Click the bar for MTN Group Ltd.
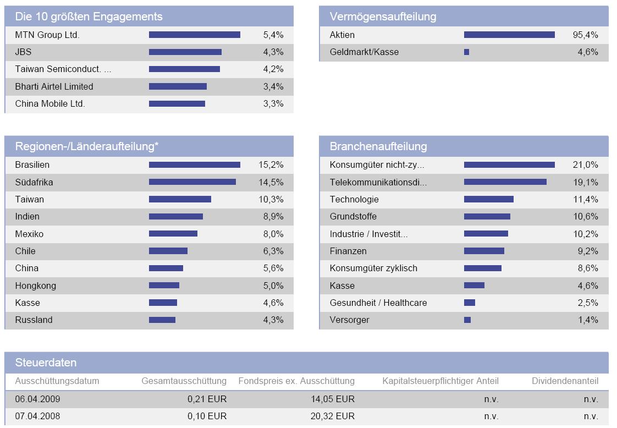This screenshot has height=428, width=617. pos(194,35)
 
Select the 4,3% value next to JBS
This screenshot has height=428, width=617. pos(273,52)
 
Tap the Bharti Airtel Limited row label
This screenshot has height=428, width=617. pos(54,86)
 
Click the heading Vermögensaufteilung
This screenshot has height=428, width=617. pos(383,17)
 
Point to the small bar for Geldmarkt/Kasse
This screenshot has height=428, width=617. pos(466,52)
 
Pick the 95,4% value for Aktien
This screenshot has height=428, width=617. pos(585,35)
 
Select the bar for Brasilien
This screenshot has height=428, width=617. pos(194,165)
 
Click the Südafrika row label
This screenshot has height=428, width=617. pos(34,182)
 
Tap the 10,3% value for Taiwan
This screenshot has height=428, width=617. pos(271,199)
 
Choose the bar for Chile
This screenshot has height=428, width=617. pos(168,251)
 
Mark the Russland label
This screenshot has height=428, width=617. pos(34,320)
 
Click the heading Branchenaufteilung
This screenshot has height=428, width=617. pos(378,146)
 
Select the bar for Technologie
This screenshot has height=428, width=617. pos(488,199)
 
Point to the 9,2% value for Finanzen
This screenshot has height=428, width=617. pos(588,251)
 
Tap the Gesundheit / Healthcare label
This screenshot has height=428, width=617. pos(378,303)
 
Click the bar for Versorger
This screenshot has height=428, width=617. pos(467,320)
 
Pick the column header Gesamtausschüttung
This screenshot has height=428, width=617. pos(184,381)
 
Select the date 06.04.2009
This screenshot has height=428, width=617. pos(37,399)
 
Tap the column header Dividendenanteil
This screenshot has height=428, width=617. pos(565,381)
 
